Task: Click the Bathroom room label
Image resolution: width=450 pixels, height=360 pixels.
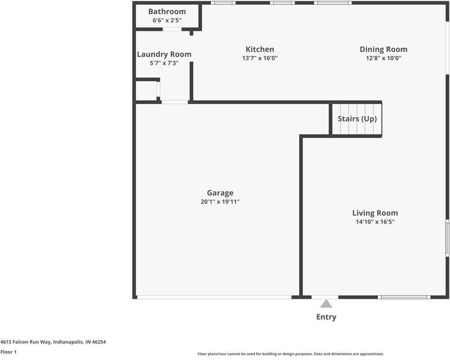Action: point(166,11)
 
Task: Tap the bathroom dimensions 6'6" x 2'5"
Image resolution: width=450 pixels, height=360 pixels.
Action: point(166,20)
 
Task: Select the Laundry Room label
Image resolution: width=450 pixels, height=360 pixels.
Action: point(164,54)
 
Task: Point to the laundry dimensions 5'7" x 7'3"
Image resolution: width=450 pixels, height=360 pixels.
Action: point(164,63)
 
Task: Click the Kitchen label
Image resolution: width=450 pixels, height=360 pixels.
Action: point(260,49)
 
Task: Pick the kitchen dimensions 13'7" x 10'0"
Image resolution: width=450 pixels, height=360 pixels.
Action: point(260,58)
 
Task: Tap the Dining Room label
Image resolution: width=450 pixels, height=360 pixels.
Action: point(383,49)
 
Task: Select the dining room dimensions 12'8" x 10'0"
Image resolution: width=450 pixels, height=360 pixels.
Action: point(383,58)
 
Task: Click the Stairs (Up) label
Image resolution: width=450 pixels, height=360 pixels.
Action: point(357,118)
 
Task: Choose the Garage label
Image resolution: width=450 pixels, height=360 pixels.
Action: point(220,193)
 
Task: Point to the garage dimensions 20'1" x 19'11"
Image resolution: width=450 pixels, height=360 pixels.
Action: point(220,202)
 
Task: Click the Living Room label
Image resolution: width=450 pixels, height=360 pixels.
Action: point(375,213)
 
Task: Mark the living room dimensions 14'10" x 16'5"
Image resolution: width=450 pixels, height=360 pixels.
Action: point(375,222)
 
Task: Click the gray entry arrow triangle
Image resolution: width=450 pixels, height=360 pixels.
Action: point(326,304)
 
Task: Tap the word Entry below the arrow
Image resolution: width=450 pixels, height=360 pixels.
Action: point(326,317)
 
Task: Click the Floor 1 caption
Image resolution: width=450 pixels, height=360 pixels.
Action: point(8,352)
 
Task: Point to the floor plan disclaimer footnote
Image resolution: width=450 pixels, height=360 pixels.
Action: point(290,354)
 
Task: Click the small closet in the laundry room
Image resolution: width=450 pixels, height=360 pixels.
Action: point(146,91)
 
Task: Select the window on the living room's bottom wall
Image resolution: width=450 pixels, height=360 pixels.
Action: point(404,297)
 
